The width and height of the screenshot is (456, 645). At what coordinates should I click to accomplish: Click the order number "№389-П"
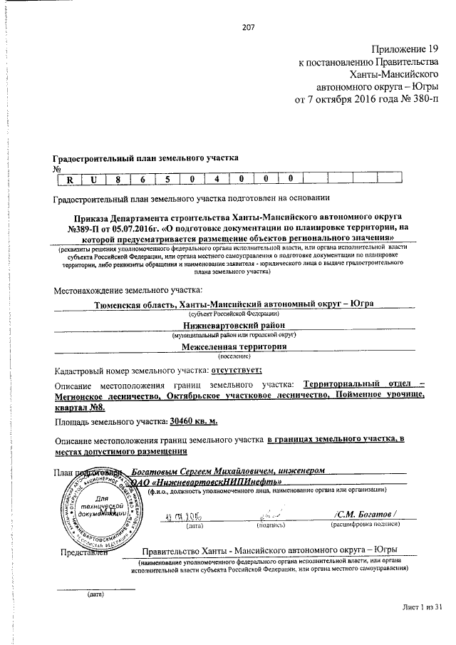[x=87, y=227]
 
